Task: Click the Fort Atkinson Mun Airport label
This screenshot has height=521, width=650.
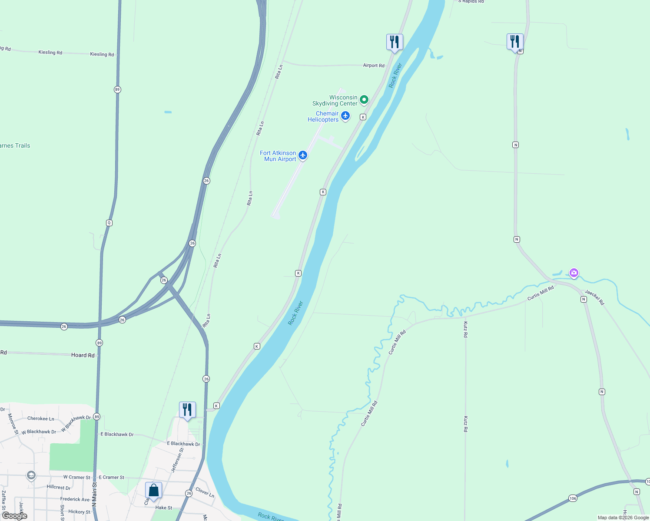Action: (x=278, y=156)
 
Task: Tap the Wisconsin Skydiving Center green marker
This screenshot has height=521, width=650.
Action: (x=364, y=100)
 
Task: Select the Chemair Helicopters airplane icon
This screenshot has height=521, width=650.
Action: (x=345, y=116)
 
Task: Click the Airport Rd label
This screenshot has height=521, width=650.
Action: (x=374, y=66)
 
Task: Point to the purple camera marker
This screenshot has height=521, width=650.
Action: (x=574, y=273)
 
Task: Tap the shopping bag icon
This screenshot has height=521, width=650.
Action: (x=153, y=491)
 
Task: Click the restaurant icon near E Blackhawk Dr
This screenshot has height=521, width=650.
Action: (x=187, y=409)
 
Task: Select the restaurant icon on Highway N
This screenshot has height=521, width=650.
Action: (x=515, y=42)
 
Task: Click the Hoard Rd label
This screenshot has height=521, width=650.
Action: (x=83, y=355)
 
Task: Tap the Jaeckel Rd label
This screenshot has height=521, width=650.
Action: (x=594, y=297)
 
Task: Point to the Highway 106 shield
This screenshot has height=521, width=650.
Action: (x=573, y=498)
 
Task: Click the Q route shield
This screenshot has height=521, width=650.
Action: (x=109, y=223)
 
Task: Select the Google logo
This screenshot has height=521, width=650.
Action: (x=15, y=516)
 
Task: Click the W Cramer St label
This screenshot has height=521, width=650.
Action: (x=77, y=477)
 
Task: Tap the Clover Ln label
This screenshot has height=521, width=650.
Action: (x=205, y=492)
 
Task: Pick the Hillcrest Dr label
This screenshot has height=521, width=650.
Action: (x=59, y=488)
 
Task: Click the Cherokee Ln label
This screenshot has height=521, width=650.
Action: (x=41, y=419)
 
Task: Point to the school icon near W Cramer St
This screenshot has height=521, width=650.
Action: (x=31, y=475)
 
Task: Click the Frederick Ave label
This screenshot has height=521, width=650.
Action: (x=75, y=499)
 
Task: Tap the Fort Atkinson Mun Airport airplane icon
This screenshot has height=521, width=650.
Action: (x=303, y=155)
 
